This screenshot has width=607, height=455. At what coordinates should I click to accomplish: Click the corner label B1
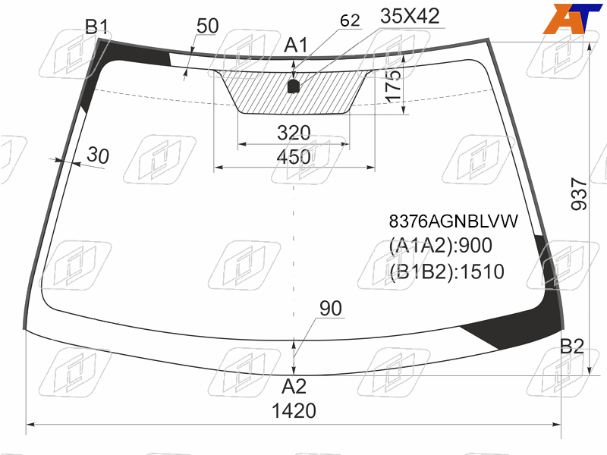click(97, 27)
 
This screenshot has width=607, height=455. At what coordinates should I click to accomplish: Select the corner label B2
click(572, 347)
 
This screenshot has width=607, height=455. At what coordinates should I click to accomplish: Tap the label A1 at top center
click(296, 45)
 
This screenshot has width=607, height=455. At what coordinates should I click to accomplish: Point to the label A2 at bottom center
click(294, 387)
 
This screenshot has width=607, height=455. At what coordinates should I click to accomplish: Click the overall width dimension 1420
click(294, 410)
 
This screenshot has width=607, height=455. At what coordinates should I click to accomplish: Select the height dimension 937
click(579, 194)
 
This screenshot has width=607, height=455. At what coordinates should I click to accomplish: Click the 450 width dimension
click(294, 157)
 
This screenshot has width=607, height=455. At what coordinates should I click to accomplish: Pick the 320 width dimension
click(294, 133)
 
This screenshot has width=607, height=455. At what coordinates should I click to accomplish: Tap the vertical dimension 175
click(393, 86)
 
